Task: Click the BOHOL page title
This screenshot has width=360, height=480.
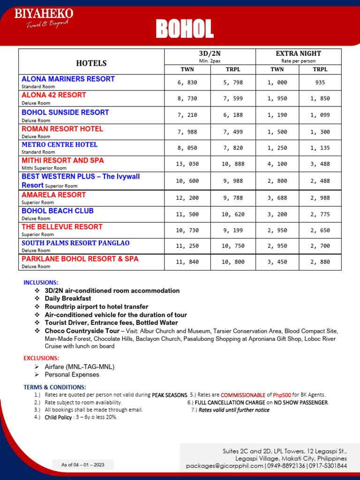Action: coord(185,29)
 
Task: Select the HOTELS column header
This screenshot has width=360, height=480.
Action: coord(91,63)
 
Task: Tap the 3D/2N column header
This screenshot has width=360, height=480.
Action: coord(210,53)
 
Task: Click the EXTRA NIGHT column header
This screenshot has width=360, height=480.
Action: coord(298,53)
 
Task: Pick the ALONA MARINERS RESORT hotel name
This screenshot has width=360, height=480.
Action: coord(68,79)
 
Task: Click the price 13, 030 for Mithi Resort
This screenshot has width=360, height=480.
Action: coord(187,164)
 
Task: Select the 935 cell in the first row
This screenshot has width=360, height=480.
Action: coord(320,82)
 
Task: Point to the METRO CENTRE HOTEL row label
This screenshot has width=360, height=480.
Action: coord(60,144)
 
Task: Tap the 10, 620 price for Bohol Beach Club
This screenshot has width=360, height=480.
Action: coord(233,214)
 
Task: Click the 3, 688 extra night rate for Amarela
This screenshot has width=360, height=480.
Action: coord(277,198)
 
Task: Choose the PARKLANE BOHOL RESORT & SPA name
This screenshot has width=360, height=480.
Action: coord(80,259)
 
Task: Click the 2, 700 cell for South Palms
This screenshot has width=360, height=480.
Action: coord(320,246)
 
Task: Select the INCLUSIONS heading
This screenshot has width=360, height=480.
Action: coord(41,283)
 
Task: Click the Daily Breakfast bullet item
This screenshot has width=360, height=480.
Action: coord(68,299)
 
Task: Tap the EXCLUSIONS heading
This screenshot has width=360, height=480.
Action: coord(41,358)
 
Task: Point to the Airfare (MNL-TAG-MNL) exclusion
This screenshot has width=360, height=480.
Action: coord(80,367)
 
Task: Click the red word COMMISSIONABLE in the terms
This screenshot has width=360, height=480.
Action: coord(243,395)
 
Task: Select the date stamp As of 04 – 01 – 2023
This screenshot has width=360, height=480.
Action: coord(83,465)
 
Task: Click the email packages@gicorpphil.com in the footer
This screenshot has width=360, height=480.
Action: coord(225,466)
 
